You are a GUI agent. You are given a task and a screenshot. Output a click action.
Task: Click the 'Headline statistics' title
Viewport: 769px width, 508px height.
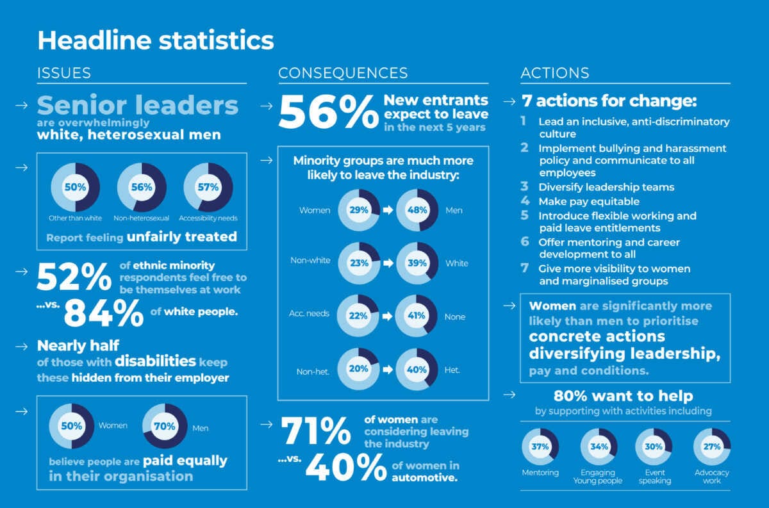coord(156,40)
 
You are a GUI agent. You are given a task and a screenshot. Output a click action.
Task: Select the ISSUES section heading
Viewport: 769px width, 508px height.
coord(64,73)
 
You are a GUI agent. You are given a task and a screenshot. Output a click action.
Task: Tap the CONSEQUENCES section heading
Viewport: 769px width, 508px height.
coord(343,73)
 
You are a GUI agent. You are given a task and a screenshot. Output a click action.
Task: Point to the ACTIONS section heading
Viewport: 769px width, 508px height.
coord(555,73)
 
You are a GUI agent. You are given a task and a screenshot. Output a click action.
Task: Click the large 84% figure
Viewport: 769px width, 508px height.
coord(104,313)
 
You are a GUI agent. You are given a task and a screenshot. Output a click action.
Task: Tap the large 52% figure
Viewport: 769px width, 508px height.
coord(74,277)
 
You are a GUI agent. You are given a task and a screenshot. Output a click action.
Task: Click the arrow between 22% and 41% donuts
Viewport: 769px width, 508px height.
coord(388,316)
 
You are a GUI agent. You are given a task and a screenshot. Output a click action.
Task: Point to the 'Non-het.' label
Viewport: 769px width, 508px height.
coord(313,372)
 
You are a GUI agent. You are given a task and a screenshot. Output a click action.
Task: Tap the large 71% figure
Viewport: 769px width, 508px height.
coord(316,431)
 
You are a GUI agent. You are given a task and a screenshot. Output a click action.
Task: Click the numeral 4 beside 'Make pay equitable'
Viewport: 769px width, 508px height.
coord(525,201)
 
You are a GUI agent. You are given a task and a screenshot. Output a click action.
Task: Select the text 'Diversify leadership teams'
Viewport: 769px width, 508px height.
coord(606,187)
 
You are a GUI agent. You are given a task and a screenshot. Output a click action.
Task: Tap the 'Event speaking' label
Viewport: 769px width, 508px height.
coord(655,477)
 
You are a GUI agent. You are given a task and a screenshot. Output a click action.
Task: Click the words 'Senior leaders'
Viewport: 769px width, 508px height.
coord(138,105)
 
